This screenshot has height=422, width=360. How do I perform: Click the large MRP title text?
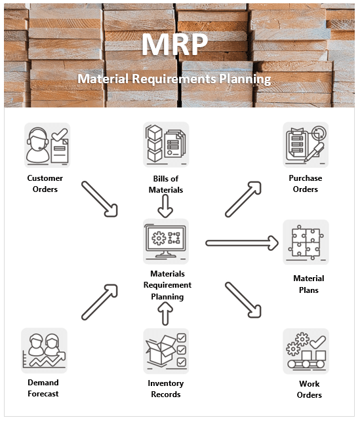pos(175,44)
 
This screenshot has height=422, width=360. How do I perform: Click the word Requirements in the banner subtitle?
pos(174,79)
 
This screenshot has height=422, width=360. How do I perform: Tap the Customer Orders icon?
pos(47,145)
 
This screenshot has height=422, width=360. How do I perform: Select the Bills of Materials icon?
pos(166,144)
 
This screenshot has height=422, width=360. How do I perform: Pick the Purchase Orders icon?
pos(306,145)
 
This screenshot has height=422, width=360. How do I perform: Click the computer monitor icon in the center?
pos(166,241)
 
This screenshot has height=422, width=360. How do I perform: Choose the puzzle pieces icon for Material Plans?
pos(306,242)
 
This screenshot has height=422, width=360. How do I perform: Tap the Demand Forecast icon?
pos(44,351)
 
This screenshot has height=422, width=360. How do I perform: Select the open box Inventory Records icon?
pos(166,351)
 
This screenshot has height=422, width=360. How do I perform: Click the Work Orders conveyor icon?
pos(306,351)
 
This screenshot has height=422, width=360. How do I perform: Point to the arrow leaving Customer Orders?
pos(100,199)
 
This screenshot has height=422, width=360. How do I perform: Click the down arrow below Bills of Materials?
pos(165,206)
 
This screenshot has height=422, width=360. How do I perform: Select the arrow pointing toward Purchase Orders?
pos(243,199)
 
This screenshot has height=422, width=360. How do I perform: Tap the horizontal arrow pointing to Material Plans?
pos(242,243)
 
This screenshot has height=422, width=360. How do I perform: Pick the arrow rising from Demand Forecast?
pos(100,302)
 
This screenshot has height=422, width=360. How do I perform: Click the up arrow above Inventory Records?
pos(165,313)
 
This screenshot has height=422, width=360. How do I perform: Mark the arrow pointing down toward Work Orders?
pos(243,300)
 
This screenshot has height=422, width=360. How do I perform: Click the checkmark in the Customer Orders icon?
pos(60,134)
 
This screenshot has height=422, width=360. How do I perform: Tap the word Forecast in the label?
pos(43,394)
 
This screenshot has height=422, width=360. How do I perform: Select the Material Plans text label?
pos(309,284)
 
